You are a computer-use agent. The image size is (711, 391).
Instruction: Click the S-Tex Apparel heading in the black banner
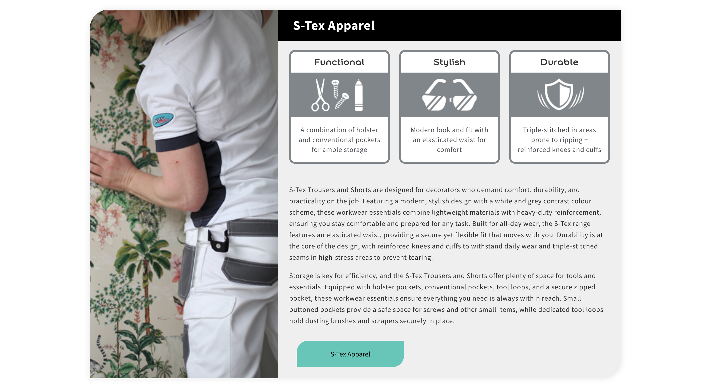point(334,26)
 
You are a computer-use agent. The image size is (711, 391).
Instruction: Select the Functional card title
point(339,62)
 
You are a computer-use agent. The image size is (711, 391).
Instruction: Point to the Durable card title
point(559,62)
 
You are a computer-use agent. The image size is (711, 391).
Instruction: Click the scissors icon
point(320,95)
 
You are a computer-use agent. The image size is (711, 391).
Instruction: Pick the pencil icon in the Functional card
point(359,95)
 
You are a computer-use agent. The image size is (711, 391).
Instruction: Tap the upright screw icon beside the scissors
point(336,89)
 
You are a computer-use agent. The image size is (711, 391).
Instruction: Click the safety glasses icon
point(449,95)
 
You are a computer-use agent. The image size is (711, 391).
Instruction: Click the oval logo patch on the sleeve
point(163,120)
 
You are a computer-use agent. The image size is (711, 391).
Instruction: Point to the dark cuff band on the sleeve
point(177,142)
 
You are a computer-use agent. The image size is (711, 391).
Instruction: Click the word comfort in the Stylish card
point(449,150)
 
